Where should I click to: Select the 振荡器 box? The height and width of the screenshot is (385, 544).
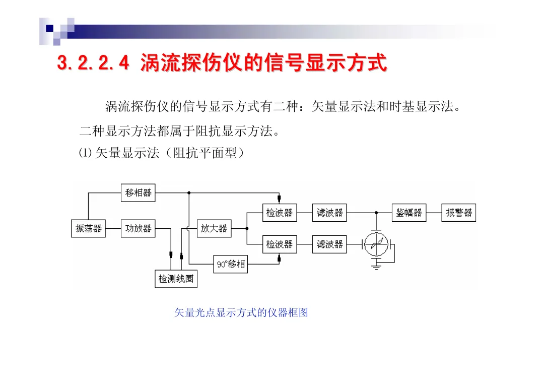click(89, 228)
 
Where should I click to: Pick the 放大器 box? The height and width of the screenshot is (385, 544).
click(214, 228)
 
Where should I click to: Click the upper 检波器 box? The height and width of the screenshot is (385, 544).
click(280, 213)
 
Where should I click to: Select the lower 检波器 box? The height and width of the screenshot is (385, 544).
click(280, 244)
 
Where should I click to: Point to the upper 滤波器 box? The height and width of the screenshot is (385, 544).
click(329, 213)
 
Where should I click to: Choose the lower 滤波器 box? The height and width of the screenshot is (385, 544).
click(329, 244)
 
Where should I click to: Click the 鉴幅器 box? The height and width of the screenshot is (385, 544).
click(409, 213)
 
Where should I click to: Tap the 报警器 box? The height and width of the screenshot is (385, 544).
click(459, 213)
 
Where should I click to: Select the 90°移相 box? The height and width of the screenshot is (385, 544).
click(231, 264)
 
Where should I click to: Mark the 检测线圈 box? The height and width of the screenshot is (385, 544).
click(176, 278)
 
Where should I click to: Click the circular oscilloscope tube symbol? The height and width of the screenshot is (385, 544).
click(376, 245)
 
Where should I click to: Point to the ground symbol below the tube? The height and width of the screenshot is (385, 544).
click(376, 267)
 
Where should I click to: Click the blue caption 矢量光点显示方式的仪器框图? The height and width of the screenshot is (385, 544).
click(241, 313)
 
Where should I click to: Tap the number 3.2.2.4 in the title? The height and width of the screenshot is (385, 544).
click(93, 63)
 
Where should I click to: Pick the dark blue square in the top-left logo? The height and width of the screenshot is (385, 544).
click(49, 29)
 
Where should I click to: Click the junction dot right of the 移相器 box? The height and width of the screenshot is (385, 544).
click(189, 192)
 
